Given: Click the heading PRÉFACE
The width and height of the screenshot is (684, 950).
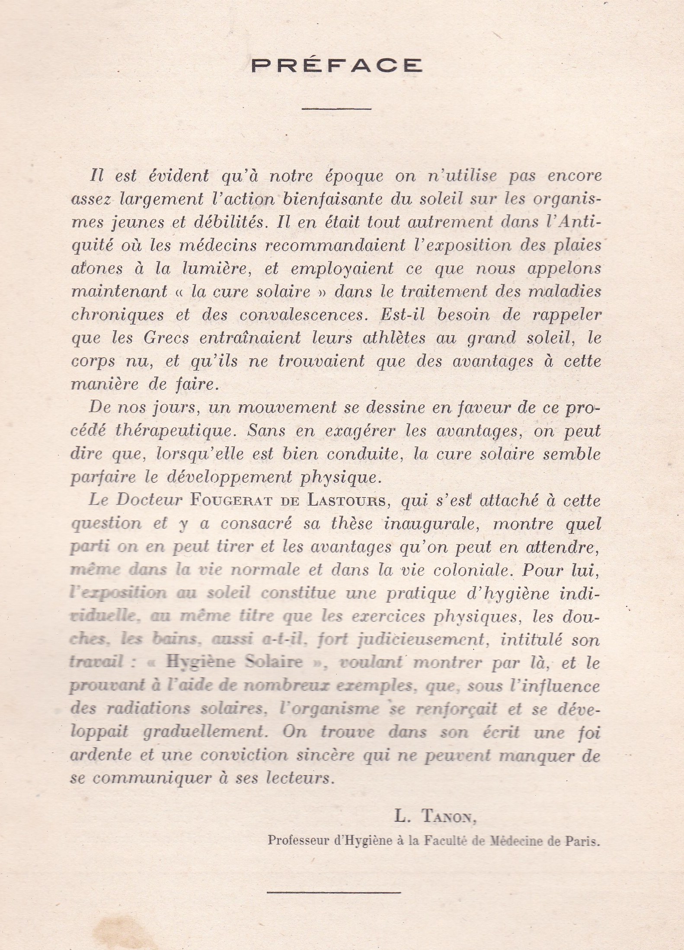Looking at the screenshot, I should (337, 65).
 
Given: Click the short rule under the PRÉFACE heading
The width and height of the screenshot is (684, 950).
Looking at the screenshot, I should (336, 108).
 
